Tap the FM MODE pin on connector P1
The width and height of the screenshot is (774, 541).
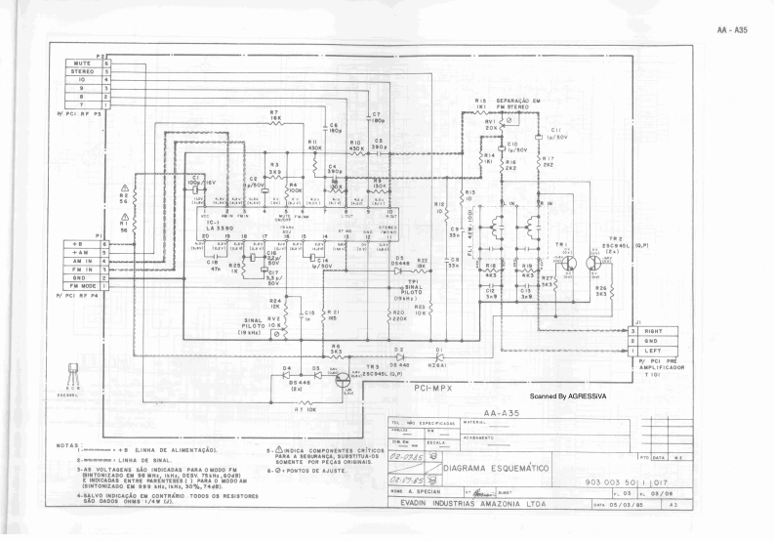[81, 285]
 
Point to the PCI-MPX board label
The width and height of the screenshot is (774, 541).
[430, 390]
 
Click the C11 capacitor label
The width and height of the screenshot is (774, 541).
[555, 129]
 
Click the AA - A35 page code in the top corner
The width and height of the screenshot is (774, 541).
[731, 30]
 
